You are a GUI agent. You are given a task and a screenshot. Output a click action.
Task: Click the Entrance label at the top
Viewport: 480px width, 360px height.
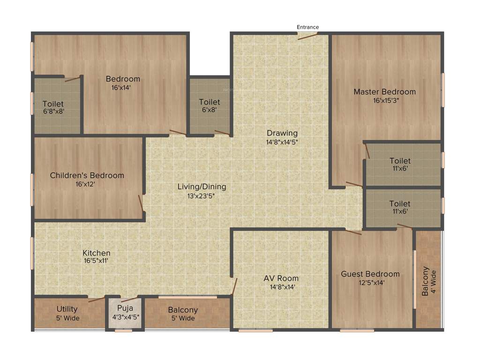click(x=307, y=27)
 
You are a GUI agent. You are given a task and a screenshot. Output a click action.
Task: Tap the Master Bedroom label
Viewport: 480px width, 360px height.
click(x=384, y=92)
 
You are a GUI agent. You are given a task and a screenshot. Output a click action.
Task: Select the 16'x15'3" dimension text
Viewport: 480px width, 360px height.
click(x=386, y=100)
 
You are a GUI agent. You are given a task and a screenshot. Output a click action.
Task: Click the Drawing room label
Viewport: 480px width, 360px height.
click(x=282, y=133)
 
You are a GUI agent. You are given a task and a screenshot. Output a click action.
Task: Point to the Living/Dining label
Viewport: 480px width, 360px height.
click(x=202, y=187)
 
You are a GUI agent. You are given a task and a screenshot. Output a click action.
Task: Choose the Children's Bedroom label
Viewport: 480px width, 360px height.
click(x=87, y=176)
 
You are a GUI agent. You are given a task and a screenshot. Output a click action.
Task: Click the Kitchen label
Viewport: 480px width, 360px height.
click(x=97, y=253)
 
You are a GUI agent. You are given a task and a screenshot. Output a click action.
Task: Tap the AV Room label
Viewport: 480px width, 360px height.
click(x=281, y=278)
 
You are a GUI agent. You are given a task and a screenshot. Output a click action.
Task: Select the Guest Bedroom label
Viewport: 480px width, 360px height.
click(x=370, y=274)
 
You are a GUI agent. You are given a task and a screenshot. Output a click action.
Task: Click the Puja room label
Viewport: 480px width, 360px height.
click(x=125, y=308)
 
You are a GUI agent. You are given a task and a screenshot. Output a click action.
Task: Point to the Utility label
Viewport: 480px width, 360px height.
click(x=67, y=309)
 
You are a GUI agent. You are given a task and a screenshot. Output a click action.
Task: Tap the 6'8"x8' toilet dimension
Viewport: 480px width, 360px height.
click(x=53, y=112)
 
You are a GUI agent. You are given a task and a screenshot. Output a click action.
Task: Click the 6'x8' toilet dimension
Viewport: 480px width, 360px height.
click(x=209, y=110)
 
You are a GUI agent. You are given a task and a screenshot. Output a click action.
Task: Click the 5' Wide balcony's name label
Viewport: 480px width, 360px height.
click(x=183, y=310)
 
